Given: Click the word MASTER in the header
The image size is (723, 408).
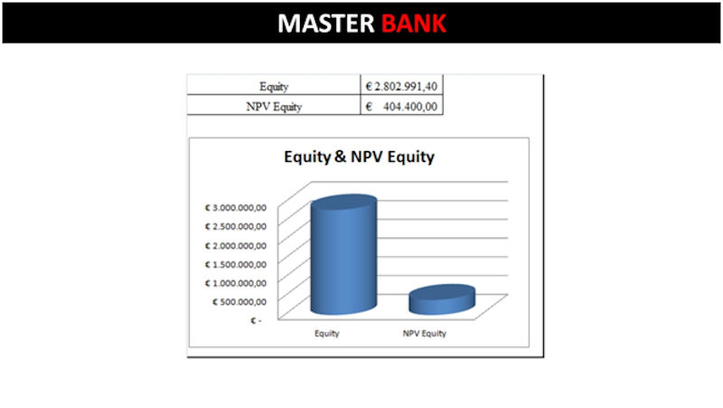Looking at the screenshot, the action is [x=326, y=24].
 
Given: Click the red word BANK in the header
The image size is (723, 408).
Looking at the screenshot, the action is [x=414, y=24].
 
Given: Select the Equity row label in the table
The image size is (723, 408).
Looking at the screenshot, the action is [x=274, y=86].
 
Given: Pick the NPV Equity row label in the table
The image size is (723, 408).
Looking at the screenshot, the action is [x=274, y=107].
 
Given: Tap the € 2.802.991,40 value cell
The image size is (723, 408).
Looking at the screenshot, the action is [x=401, y=86].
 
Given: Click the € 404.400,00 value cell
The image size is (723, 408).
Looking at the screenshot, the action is [x=401, y=106].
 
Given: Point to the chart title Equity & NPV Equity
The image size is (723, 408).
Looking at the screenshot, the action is [x=359, y=157].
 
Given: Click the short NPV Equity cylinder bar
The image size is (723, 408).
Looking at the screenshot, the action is [x=442, y=299].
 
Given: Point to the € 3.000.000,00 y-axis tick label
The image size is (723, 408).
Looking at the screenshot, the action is [x=236, y=208].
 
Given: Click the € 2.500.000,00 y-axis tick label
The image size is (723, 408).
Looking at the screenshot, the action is [x=236, y=226].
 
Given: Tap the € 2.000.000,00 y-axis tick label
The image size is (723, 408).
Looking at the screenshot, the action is [x=236, y=245].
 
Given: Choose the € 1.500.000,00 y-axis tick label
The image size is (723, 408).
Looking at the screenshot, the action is [x=236, y=264].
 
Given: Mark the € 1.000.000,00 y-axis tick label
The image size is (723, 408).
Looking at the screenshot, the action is [x=236, y=283].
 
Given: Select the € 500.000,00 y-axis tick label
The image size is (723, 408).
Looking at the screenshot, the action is [x=239, y=302].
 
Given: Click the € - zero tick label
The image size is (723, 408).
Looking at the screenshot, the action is [x=256, y=320].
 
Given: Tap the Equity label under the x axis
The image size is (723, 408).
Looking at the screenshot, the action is [x=327, y=333].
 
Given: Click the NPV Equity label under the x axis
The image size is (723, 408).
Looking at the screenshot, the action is [x=425, y=333].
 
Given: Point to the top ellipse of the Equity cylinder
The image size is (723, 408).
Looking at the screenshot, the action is [x=343, y=202].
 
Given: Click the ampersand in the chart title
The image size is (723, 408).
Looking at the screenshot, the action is [x=341, y=157].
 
